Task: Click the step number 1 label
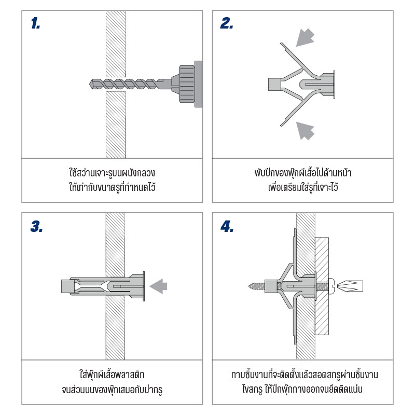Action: tap(35, 23)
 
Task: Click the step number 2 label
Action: tap(227, 23)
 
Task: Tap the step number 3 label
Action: tap(36, 226)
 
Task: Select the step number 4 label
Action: tap(227, 226)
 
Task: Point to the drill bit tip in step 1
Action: tap(90, 84)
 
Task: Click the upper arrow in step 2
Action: tap(305, 37)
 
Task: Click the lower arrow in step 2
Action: tap(305, 131)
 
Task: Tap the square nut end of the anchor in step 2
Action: tap(274, 85)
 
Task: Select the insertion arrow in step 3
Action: tap(158, 286)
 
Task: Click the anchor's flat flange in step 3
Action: tap(144, 286)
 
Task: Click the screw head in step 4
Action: tap(332, 286)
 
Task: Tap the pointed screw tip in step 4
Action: tap(250, 286)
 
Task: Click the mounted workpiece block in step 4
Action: tap(322, 286)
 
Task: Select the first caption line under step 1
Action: tap(112, 173)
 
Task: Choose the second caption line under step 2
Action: tap(303, 187)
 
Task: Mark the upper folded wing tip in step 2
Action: tap(282, 44)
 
